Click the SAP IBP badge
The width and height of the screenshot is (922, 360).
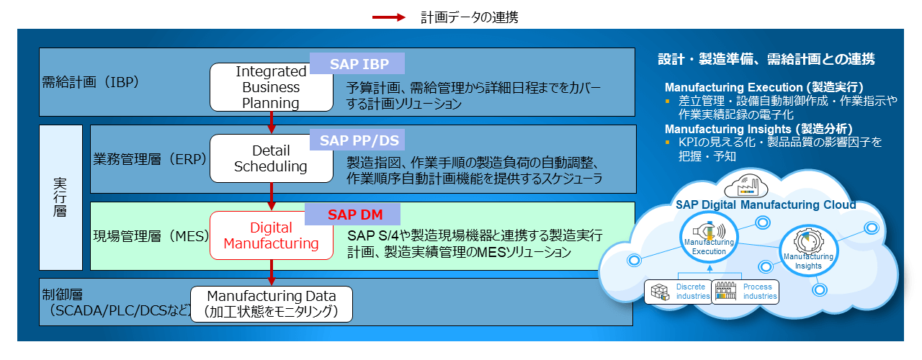[357, 64]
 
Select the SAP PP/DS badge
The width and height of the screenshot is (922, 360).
[357, 140]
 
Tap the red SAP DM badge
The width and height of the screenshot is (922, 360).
[353, 214]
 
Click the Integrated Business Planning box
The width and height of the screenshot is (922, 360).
[271, 87]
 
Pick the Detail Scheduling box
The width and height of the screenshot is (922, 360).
[271, 158]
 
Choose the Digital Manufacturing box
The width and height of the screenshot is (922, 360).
[271, 235]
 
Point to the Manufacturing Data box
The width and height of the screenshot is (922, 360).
[272, 304]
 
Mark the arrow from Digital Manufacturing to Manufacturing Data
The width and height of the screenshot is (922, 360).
[272, 272]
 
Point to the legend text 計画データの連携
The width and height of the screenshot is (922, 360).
[469, 17]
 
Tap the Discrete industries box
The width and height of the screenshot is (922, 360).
[678, 292]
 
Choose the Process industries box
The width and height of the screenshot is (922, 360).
[745, 292]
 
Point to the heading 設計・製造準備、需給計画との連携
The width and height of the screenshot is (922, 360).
[766, 59]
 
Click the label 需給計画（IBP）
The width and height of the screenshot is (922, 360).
[91, 81]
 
